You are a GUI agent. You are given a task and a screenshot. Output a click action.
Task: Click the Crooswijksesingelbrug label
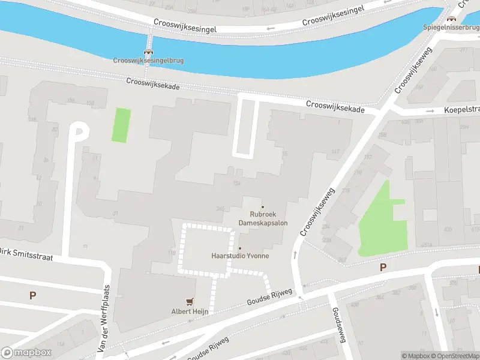pos(148,60)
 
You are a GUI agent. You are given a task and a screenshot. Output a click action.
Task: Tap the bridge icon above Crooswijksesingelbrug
pos(148,52)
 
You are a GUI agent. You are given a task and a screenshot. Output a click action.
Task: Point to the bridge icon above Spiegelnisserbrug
pos(451,19)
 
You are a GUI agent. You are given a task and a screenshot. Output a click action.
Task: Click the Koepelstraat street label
pos(461,110)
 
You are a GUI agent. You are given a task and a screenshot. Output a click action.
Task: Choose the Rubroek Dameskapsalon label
pos(263,218)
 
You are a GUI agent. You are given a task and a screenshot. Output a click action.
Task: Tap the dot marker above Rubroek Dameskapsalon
pos(262,207)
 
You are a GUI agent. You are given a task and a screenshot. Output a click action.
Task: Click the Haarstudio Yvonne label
pos(240,256)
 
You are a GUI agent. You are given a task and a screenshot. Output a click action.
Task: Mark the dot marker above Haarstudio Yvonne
pos(240,248)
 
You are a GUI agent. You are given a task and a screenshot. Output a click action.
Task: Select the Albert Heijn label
pos(190,311)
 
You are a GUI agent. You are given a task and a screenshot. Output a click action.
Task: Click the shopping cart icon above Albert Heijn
pos(190,302)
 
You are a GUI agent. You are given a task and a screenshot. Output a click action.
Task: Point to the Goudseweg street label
pos(338,325)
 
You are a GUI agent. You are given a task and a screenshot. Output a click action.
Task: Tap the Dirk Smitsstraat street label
pos(28,254)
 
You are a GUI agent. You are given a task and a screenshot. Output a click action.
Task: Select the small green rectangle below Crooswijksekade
pos(121,125)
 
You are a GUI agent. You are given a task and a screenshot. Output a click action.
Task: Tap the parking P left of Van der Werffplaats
pos(32,295)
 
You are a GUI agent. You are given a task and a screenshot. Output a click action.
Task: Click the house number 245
pos(220,209)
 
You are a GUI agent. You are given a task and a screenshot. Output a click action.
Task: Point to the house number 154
pos(237,182)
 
